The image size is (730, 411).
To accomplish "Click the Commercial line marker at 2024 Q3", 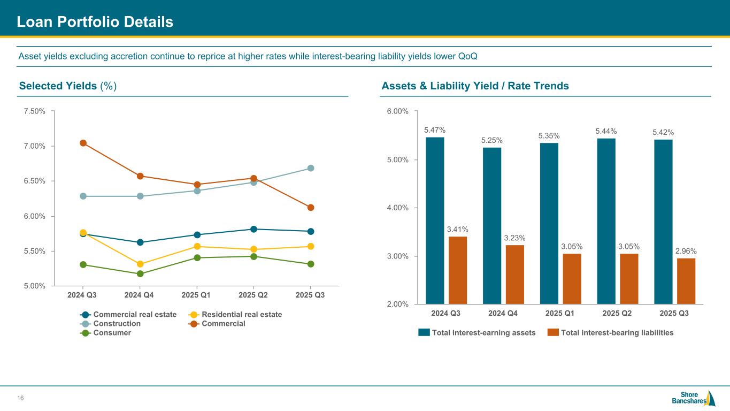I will pos(83,143).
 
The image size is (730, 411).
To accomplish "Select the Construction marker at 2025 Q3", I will pos(311,168).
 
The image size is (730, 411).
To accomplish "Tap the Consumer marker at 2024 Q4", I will pos(140,274).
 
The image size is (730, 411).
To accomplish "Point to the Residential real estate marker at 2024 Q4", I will pos(140,264).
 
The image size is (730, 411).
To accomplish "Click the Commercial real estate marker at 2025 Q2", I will pos(253,229).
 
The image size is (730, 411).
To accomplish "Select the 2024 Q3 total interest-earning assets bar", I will pos(435,220).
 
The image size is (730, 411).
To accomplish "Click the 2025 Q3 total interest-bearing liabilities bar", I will pos(686,281).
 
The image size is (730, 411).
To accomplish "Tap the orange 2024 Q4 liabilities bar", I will pos(515,275).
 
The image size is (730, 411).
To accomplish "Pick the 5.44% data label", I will pos(606,131).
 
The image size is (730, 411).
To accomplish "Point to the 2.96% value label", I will pos(686,250).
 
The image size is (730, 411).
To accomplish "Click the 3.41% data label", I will pos(458,229).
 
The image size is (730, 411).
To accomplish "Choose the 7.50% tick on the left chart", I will pos(34,111).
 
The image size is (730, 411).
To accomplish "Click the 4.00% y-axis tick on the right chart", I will pos(397,208).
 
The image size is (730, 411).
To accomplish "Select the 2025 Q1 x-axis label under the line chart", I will pos(197,295).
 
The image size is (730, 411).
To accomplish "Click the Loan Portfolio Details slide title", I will pos(95,22).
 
